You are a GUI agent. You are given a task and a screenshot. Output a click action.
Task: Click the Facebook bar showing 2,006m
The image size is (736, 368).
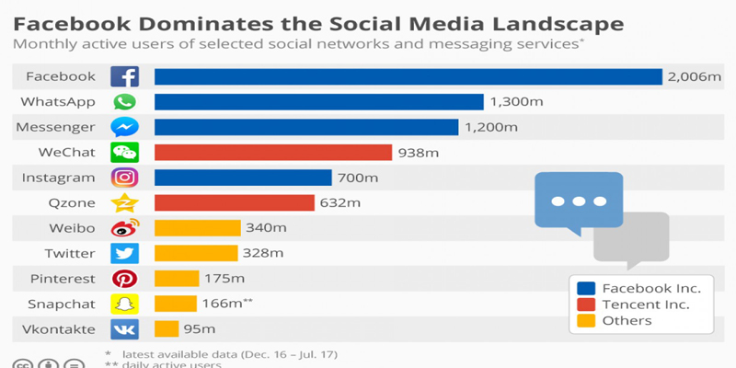[x=408, y=76]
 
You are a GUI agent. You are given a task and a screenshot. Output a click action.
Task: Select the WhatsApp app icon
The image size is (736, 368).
[x=124, y=102]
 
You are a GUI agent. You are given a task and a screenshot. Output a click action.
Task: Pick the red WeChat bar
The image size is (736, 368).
[x=273, y=152]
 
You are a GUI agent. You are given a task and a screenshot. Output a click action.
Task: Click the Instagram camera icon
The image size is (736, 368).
[x=124, y=178]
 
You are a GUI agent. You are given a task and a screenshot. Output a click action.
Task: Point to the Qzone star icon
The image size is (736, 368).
[x=124, y=203]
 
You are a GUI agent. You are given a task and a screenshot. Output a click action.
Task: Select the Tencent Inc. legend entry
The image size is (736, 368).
[x=644, y=305]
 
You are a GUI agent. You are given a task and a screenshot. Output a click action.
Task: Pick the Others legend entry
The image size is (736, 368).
[x=626, y=321]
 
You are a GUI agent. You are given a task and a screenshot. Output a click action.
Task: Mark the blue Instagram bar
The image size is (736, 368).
[x=243, y=178]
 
